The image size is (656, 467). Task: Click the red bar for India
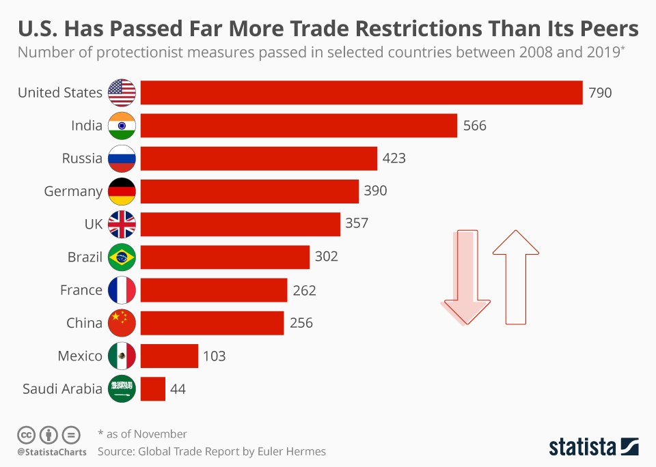point(299,126)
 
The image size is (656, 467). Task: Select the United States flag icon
point(122,93)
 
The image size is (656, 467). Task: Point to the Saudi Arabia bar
point(153,389)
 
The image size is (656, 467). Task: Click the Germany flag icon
point(122,191)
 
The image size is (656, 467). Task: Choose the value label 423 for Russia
point(394,158)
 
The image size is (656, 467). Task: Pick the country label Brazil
point(85,257)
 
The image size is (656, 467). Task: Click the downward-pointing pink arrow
point(466,277)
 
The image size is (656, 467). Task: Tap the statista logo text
point(583,447)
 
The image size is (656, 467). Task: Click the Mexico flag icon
point(122,356)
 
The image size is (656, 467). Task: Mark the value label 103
point(214,356)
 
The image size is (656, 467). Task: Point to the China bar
point(212,323)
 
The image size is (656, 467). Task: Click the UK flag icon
point(122,224)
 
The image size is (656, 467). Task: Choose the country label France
point(81,290)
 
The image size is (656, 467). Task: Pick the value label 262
point(304,290)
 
